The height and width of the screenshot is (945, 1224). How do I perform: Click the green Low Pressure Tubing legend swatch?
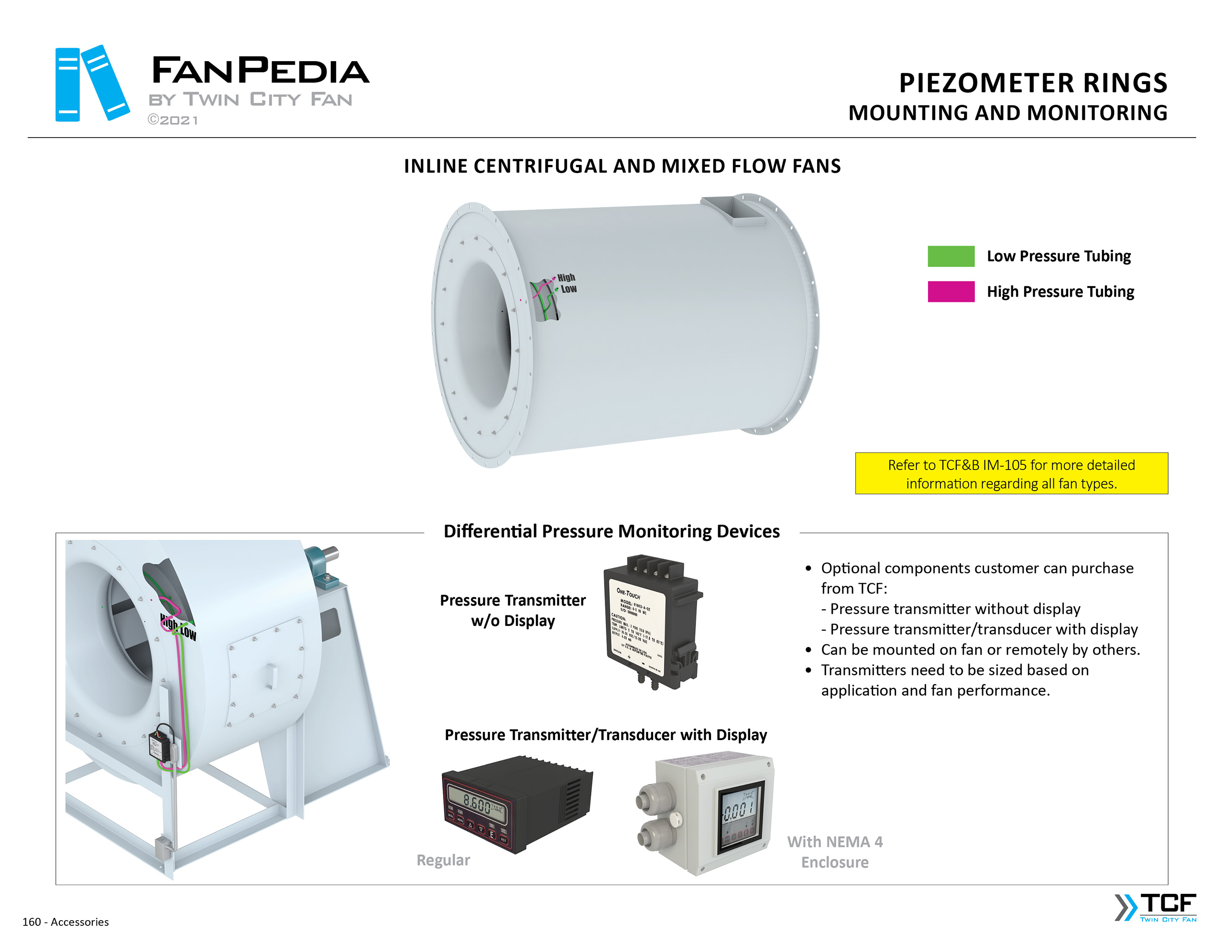(951, 256)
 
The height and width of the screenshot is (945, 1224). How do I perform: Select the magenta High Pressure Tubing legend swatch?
(951, 291)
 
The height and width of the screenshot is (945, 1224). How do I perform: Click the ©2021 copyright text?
(173, 120)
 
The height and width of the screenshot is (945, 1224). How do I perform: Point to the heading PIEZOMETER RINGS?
(1033, 83)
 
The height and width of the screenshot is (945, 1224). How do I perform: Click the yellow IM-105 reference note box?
(1011, 473)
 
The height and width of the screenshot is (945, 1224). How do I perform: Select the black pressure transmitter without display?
(652, 621)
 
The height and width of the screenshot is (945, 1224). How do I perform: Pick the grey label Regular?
(443, 860)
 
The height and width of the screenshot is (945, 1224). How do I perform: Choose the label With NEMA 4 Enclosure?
(834, 851)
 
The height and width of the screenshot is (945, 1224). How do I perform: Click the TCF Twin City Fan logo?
(1156, 907)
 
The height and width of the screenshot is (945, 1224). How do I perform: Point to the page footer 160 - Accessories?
(66, 922)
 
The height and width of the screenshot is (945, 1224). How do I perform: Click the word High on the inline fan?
(566, 277)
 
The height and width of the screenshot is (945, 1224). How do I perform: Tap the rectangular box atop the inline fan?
(732, 211)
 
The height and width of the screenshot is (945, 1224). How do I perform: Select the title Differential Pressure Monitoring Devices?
(612, 531)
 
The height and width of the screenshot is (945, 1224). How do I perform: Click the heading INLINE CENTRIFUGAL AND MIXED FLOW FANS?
(622, 166)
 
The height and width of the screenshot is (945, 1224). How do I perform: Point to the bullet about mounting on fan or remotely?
(980, 649)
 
